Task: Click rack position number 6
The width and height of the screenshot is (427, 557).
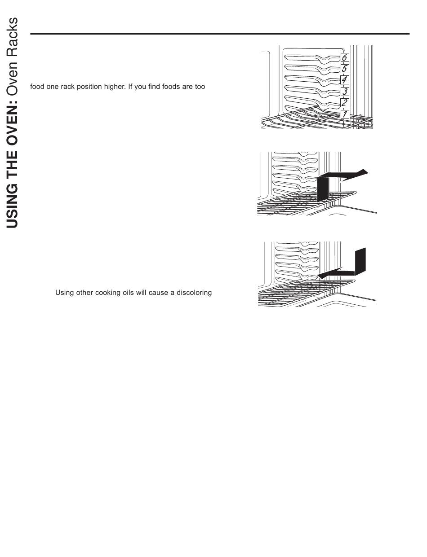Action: coord(344,57)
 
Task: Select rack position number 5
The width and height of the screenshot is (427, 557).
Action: coord(344,69)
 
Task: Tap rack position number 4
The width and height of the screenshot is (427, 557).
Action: coord(344,80)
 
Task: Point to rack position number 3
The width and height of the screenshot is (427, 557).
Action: coord(344,92)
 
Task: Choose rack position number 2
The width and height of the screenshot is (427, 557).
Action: coord(344,103)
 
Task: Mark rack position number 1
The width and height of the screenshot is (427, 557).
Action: coord(344,114)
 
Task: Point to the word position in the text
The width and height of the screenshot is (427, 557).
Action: coord(95,86)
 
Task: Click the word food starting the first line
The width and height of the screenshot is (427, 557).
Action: coord(37,86)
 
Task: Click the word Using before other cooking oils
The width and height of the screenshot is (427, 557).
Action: coord(64,293)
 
